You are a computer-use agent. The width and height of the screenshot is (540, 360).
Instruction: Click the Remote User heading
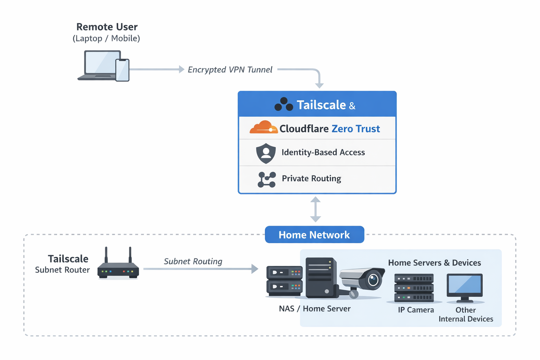click(x=107, y=27)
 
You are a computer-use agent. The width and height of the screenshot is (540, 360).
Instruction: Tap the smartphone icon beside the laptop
click(x=122, y=70)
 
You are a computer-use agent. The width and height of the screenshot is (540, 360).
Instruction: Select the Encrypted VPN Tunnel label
click(x=230, y=70)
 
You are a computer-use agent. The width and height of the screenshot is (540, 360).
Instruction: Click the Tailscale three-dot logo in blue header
click(x=284, y=104)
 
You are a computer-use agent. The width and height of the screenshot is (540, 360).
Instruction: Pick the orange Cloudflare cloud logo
click(x=263, y=127)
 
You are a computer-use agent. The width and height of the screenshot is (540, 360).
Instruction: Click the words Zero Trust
click(x=355, y=129)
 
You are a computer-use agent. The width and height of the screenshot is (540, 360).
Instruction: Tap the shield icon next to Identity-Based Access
click(x=266, y=153)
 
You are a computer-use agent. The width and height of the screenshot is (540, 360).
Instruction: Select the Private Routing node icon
click(x=266, y=179)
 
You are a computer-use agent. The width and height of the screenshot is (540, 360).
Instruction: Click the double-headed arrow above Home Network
click(x=315, y=210)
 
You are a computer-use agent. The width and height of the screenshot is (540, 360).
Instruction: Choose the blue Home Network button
click(x=314, y=234)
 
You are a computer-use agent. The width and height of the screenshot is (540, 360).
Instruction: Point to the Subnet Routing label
click(x=193, y=261)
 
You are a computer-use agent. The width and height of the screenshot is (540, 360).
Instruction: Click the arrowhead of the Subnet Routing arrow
click(x=255, y=269)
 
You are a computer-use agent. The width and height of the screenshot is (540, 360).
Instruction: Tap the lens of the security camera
click(x=373, y=280)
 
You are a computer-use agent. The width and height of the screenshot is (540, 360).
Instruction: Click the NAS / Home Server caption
click(x=315, y=309)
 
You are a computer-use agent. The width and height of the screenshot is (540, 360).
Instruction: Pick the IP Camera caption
click(x=416, y=310)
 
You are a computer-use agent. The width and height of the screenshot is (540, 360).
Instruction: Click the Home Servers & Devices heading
click(x=435, y=263)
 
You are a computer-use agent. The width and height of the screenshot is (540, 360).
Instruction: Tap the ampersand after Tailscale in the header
click(x=352, y=106)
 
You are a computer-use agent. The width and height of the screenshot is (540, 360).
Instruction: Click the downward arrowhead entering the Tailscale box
click(x=319, y=85)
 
